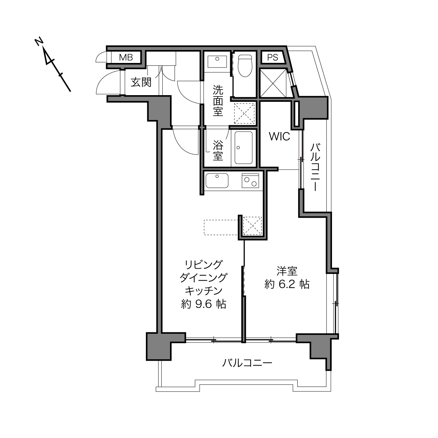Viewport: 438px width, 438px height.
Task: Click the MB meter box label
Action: click(126, 57)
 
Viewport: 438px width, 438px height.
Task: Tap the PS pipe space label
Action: click(272, 57)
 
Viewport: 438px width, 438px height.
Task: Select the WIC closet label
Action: click(279, 136)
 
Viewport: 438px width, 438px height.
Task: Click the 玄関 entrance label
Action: click(141, 82)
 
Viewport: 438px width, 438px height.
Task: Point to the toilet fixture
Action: click(245, 65)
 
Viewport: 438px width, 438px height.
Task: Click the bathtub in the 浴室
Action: click(243, 148)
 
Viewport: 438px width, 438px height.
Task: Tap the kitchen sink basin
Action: click(217, 181)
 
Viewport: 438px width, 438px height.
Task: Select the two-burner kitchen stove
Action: click(250, 181)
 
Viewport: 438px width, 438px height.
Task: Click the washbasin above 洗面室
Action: click(217, 62)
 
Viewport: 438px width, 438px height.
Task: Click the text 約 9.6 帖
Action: click(203, 304)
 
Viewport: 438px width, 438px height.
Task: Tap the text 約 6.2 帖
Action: click(287, 284)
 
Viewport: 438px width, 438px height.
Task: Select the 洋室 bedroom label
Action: click(287, 271)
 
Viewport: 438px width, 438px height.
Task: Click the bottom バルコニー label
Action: click(247, 363)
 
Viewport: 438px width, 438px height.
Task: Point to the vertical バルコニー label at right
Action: click(315, 167)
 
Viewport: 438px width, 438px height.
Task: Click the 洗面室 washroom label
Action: click(218, 100)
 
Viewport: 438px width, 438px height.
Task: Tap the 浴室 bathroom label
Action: click(218, 150)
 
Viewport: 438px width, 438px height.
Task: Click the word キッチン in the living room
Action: click(203, 291)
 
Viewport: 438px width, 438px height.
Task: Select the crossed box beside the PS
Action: click(273, 83)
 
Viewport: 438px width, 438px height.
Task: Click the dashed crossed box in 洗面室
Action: click(244, 113)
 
